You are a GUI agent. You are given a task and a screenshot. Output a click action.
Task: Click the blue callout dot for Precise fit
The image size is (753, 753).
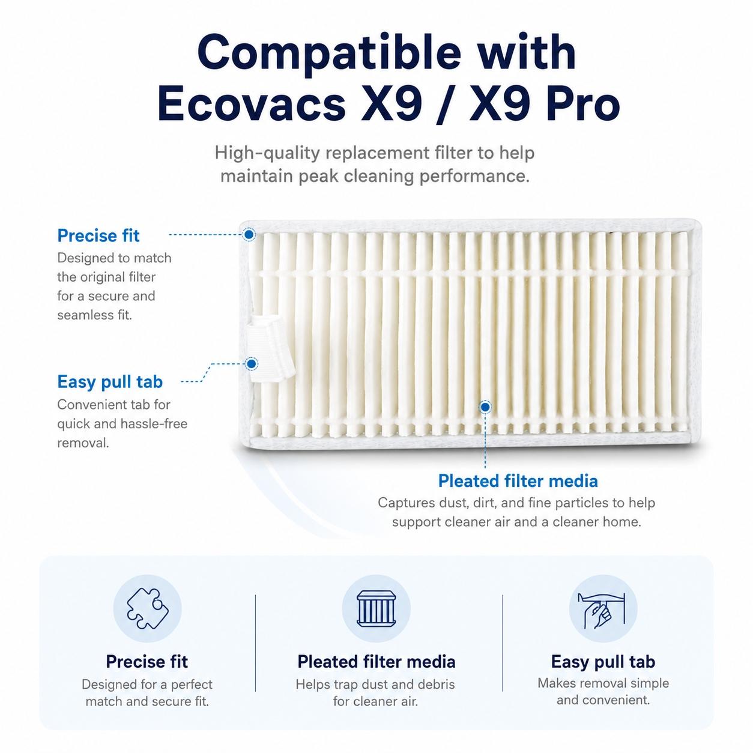coord(249,234)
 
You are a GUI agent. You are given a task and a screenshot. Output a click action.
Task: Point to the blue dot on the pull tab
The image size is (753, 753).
coord(252,364)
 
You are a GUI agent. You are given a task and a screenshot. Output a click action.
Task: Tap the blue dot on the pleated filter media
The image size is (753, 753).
coord(485,407)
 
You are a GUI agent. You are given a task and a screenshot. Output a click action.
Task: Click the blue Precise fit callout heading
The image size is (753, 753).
coord(98,235)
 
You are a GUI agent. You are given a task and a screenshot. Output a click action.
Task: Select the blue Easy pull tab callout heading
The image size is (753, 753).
coord(110,382)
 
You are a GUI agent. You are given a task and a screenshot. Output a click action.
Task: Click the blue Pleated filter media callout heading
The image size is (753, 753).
coord(518,481)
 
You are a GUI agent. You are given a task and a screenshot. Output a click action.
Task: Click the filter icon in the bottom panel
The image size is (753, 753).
coord(376,608)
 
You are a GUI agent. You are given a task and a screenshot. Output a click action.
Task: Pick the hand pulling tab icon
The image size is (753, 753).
coord(603,609)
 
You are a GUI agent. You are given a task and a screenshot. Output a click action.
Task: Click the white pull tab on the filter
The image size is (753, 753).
coord(270,349)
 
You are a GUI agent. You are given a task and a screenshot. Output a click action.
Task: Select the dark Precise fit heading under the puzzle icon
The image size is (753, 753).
coord(147,662)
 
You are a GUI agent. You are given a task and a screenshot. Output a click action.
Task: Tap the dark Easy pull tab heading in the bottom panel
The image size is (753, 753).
coord(603,662)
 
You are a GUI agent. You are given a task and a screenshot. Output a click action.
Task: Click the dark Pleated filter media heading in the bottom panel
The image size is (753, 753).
coord(376,662)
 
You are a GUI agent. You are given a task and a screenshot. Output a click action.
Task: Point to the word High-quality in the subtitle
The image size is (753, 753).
coord(267,153)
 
